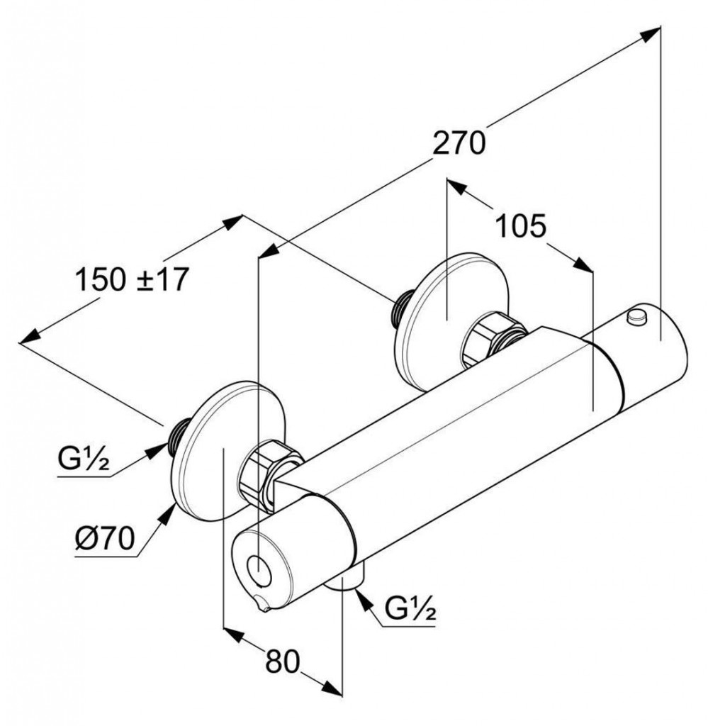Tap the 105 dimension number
pyautogui.click(x=521, y=227)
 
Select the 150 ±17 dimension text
pyautogui.click(x=132, y=279)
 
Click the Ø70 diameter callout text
pyautogui.click(x=103, y=541)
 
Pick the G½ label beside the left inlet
pyautogui.click(x=84, y=461)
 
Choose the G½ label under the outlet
pyautogui.click(x=410, y=608)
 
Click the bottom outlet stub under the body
pyautogui.click(x=350, y=579)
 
